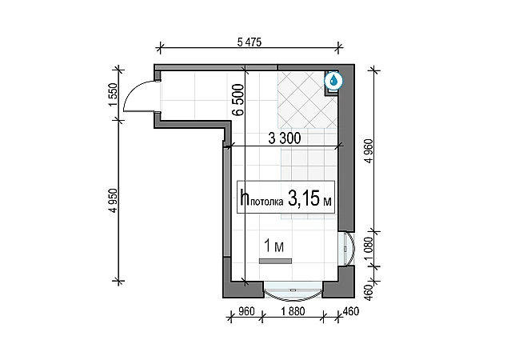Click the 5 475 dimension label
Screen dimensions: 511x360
[250, 42]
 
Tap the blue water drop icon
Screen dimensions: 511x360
[333, 80]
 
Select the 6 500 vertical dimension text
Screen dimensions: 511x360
[238, 100]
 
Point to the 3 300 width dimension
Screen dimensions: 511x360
[284, 138]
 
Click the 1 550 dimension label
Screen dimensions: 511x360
[113, 94]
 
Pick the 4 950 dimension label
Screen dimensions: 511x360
[113, 201]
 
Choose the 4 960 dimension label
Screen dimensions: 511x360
[369, 151]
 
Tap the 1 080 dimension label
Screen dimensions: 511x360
[369, 249]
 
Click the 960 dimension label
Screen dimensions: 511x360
[246, 311]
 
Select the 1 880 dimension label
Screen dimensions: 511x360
[293, 311]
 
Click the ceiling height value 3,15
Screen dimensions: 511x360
[303, 198]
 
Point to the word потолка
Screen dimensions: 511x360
[267, 202]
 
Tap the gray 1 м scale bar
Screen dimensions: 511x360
[275, 261]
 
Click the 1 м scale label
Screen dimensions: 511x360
[273, 246]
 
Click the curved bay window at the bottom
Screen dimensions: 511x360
[293, 290]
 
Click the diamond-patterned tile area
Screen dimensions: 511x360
[307, 100]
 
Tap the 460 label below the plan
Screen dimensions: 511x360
[351, 311]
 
